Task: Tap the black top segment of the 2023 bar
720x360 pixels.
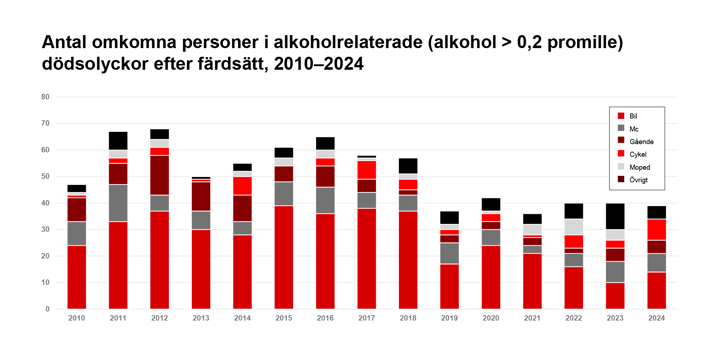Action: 615,216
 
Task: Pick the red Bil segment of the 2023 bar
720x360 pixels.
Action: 615,295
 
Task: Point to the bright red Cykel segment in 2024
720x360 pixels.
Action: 656,229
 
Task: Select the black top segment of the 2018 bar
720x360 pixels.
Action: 408,165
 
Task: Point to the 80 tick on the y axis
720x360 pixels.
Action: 45,97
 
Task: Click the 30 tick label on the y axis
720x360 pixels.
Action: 45,229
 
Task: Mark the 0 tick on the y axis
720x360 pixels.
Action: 47,309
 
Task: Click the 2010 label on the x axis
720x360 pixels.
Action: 76,319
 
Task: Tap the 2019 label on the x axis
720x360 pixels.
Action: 449,319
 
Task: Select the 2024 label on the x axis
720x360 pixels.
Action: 656,319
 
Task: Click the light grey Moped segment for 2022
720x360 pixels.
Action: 574,227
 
